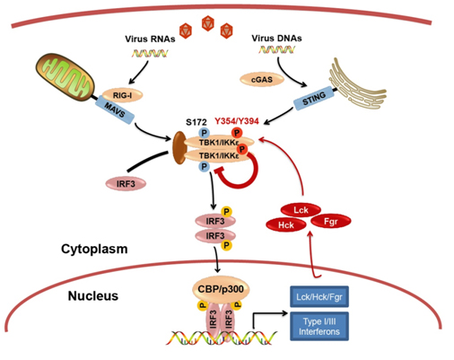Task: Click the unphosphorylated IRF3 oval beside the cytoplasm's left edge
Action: (122, 183)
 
